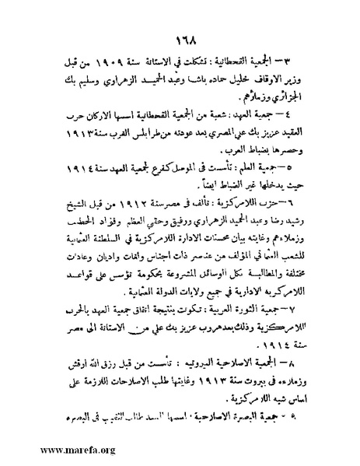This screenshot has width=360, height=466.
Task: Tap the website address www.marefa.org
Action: [x=48, y=449]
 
